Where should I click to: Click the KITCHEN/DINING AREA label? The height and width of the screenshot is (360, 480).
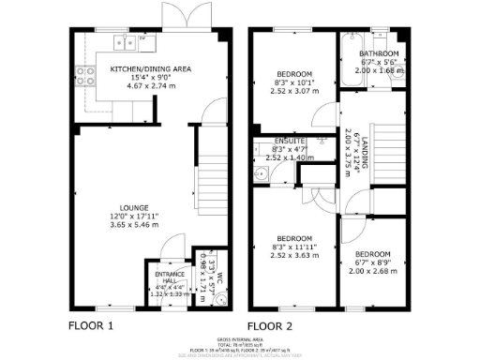151,69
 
